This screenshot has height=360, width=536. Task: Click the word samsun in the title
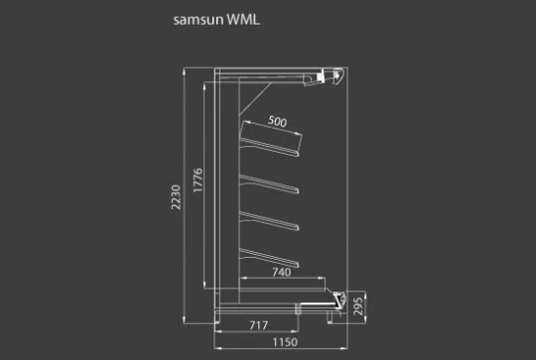tap(199, 20)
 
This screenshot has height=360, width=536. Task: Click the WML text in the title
tap(243, 19)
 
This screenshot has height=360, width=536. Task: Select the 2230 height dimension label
tap(176, 197)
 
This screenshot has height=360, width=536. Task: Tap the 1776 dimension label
tap(198, 180)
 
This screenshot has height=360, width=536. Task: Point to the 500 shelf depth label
tap(277, 121)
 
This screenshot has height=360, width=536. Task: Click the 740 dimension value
tap(282, 272)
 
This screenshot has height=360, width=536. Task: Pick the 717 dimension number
tap(259, 325)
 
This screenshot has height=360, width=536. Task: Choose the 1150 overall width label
tap(285, 342)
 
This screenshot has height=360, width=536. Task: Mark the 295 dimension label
tap(358, 306)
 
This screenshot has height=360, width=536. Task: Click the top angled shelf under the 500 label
tap(270, 147)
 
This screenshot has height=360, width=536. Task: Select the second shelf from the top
tap(270, 183)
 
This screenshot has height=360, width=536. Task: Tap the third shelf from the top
tap(270, 220)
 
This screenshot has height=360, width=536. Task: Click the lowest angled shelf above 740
tap(270, 258)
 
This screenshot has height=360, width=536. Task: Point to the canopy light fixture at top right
tap(324, 77)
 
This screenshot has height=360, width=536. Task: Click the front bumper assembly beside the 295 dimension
tap(339, 300)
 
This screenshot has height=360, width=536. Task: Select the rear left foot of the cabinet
tap(216, 317)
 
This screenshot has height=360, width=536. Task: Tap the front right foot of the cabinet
tap(330, 317)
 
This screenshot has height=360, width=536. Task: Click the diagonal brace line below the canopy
tap(255, 98)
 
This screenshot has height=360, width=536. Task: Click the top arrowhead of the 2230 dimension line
tap(185, 70)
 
